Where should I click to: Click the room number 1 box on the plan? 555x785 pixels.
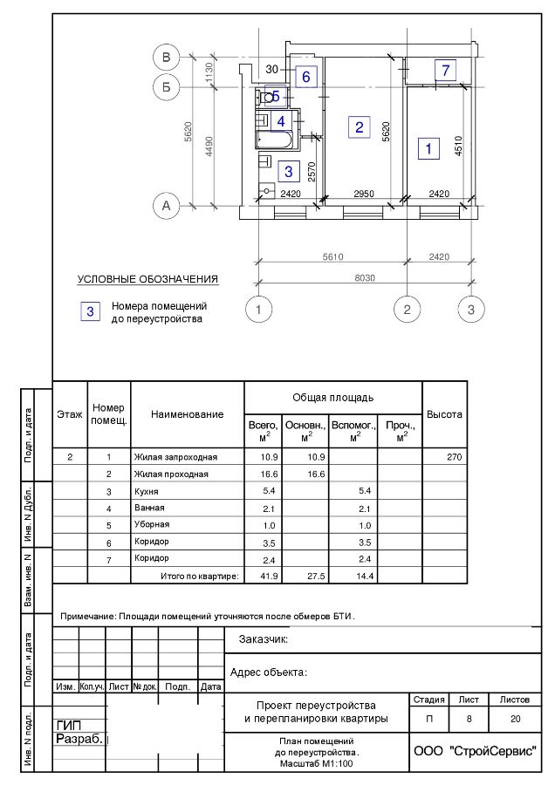point(428,148)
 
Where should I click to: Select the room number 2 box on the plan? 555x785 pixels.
point(358,126)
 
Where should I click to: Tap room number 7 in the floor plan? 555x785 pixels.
point(445,70)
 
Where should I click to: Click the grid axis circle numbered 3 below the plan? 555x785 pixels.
point(470,309)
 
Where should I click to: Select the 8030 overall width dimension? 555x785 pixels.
point(365,277)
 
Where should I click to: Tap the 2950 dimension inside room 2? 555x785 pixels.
point(364,194)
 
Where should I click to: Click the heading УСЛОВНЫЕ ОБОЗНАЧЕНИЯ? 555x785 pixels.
point(147,279)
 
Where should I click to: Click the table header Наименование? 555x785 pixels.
point(187,414)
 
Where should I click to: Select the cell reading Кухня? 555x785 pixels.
point(146,492)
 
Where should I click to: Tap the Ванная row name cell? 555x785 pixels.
point(149,509)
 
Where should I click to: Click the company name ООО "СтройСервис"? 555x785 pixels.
point(475,751)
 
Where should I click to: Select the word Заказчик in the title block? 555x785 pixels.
point(263,639)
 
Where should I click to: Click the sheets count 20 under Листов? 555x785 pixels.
point(514,720)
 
